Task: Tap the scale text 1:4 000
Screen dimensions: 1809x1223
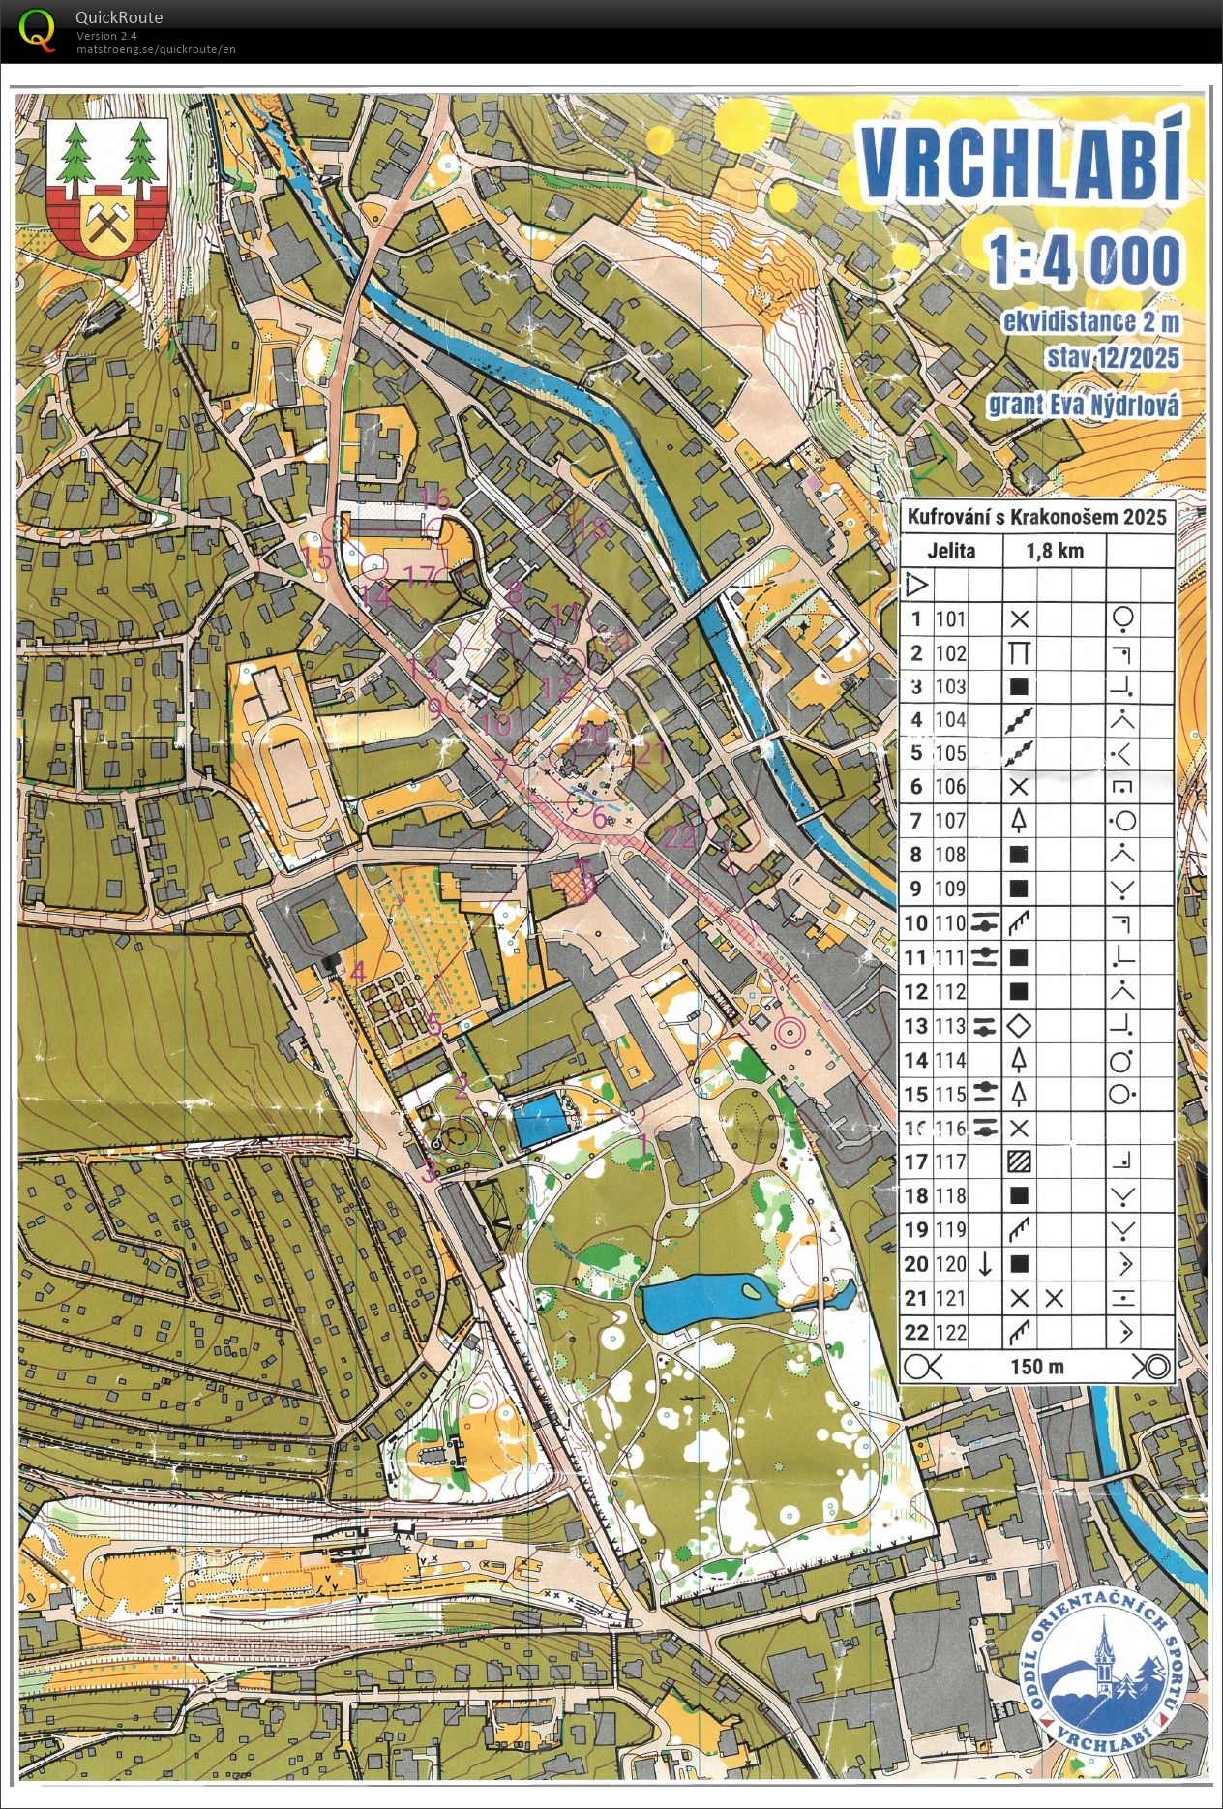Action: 1084,259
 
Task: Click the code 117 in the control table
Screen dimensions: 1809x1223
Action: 950,1161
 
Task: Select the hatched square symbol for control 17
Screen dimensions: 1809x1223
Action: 1019,1161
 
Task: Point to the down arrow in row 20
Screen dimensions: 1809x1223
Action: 985,1264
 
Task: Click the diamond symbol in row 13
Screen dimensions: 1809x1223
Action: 1019,1026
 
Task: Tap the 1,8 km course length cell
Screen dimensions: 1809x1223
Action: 1055,552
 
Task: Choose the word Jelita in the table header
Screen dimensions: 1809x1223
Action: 951,552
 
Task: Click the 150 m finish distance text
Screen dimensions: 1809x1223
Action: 1037,1367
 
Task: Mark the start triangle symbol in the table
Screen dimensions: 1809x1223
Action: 916,585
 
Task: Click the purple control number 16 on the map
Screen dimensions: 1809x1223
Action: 434,499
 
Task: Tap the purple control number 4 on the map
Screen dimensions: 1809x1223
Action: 358,971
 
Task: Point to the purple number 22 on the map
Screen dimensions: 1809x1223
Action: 680,836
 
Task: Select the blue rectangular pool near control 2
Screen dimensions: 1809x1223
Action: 538,1120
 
